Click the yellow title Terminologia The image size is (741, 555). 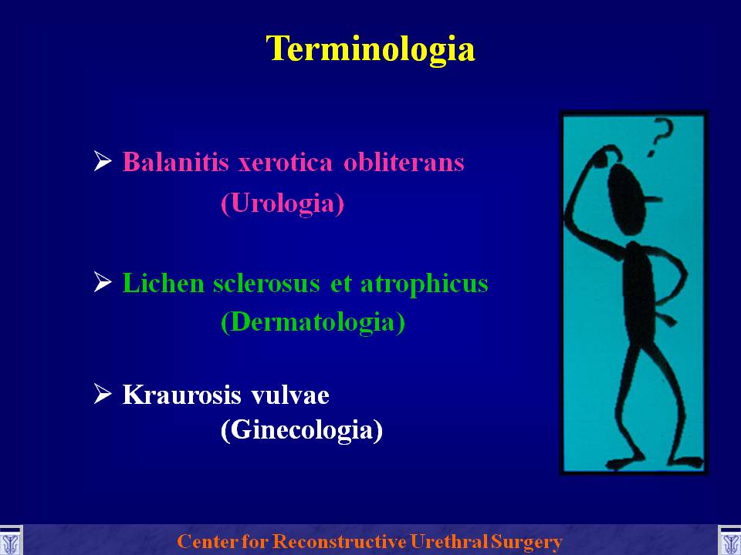(x=370, y=49)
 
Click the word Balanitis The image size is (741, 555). (x=175, y=162)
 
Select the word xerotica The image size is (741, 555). (x=286, y=163)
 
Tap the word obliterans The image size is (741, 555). (x=404, y=162)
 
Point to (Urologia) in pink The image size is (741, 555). (x=283, y=203)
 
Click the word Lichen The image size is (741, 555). (x=163, y=283)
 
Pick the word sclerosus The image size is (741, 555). (x=266, y=283)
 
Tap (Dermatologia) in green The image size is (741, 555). (x=313, y=322)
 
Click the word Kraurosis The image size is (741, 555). (x=183, y=395)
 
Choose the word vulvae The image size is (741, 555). (x=290, y=395)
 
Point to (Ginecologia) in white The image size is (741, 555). (x=302, y=430)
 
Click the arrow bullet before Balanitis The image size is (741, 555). (x=103, y=161)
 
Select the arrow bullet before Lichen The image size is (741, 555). (x=103, y=282)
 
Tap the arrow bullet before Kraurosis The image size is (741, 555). (x=103, y=394)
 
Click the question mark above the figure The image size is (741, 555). (x=660, y=137)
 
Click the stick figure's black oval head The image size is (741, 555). (x=626, y=199)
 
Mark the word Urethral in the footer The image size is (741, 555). (x=449, y=541)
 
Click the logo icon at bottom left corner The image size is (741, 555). (x=10, y=541)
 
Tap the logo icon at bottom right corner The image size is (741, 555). (x=729, y=541)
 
